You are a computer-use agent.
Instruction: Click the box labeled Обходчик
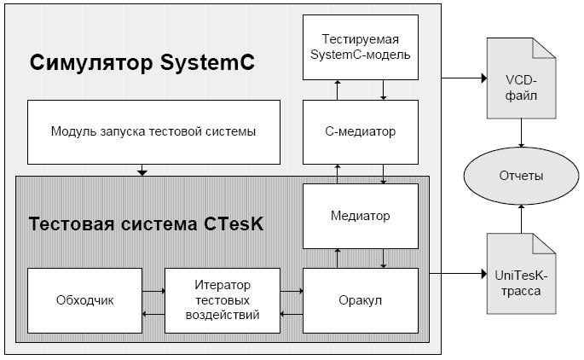coord(82,300)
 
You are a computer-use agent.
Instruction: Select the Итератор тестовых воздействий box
coord(222,300)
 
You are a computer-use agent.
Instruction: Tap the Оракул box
coord(361,300)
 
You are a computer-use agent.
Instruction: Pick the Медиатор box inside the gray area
coord(361,216)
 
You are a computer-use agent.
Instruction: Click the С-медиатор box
coord(361,131)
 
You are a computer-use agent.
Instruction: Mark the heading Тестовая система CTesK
coord(147,224)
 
